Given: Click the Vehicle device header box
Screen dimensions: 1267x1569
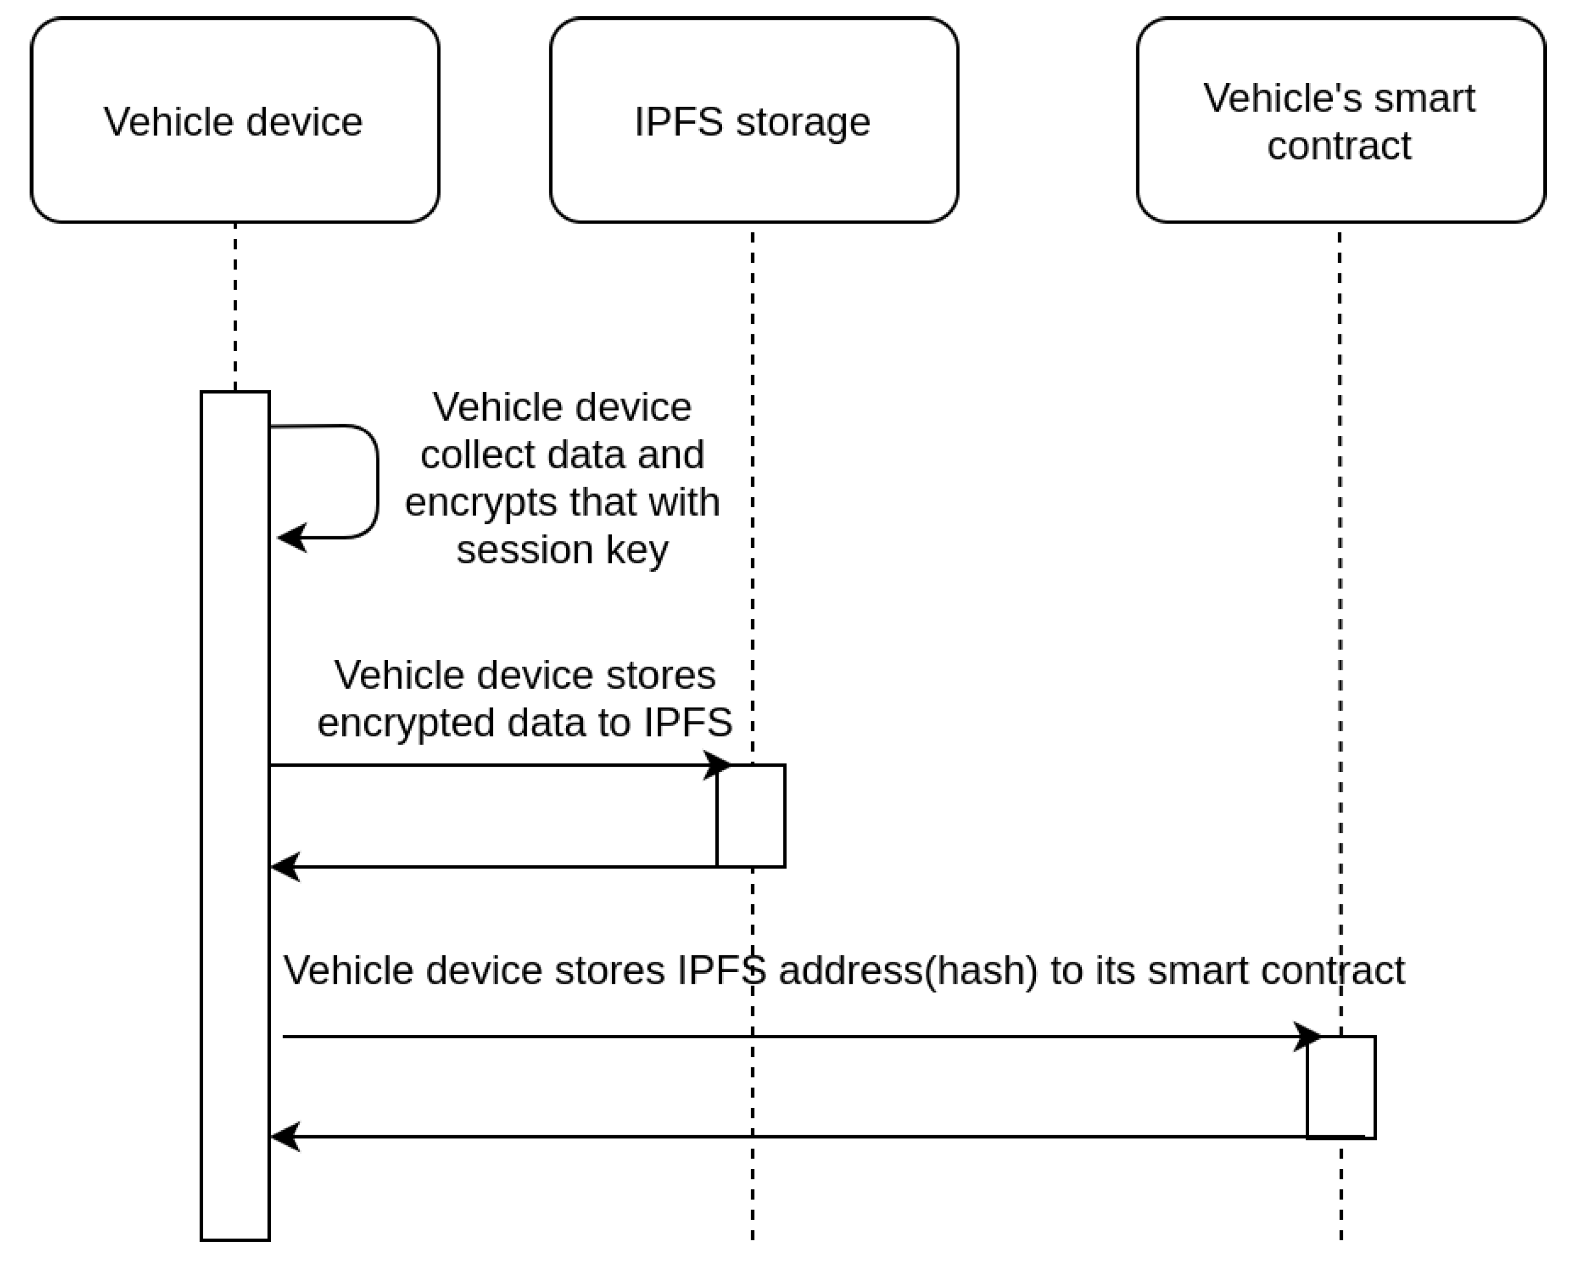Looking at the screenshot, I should click(234, 120).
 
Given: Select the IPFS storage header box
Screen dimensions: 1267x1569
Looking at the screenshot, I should click(753, 120).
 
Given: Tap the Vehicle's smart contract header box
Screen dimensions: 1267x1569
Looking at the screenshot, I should click(1340, 120).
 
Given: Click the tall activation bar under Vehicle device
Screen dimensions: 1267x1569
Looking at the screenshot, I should click(235, 817).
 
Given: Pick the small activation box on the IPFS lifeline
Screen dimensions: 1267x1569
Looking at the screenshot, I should click(751, 816).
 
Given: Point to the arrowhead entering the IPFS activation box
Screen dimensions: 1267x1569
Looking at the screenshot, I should click(719, 765).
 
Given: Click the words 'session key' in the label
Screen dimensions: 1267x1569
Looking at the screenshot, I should click(561, 550).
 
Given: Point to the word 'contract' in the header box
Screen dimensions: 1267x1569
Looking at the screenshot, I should click(1339, 145).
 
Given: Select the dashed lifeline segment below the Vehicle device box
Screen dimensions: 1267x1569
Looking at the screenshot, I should click(235, 306).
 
